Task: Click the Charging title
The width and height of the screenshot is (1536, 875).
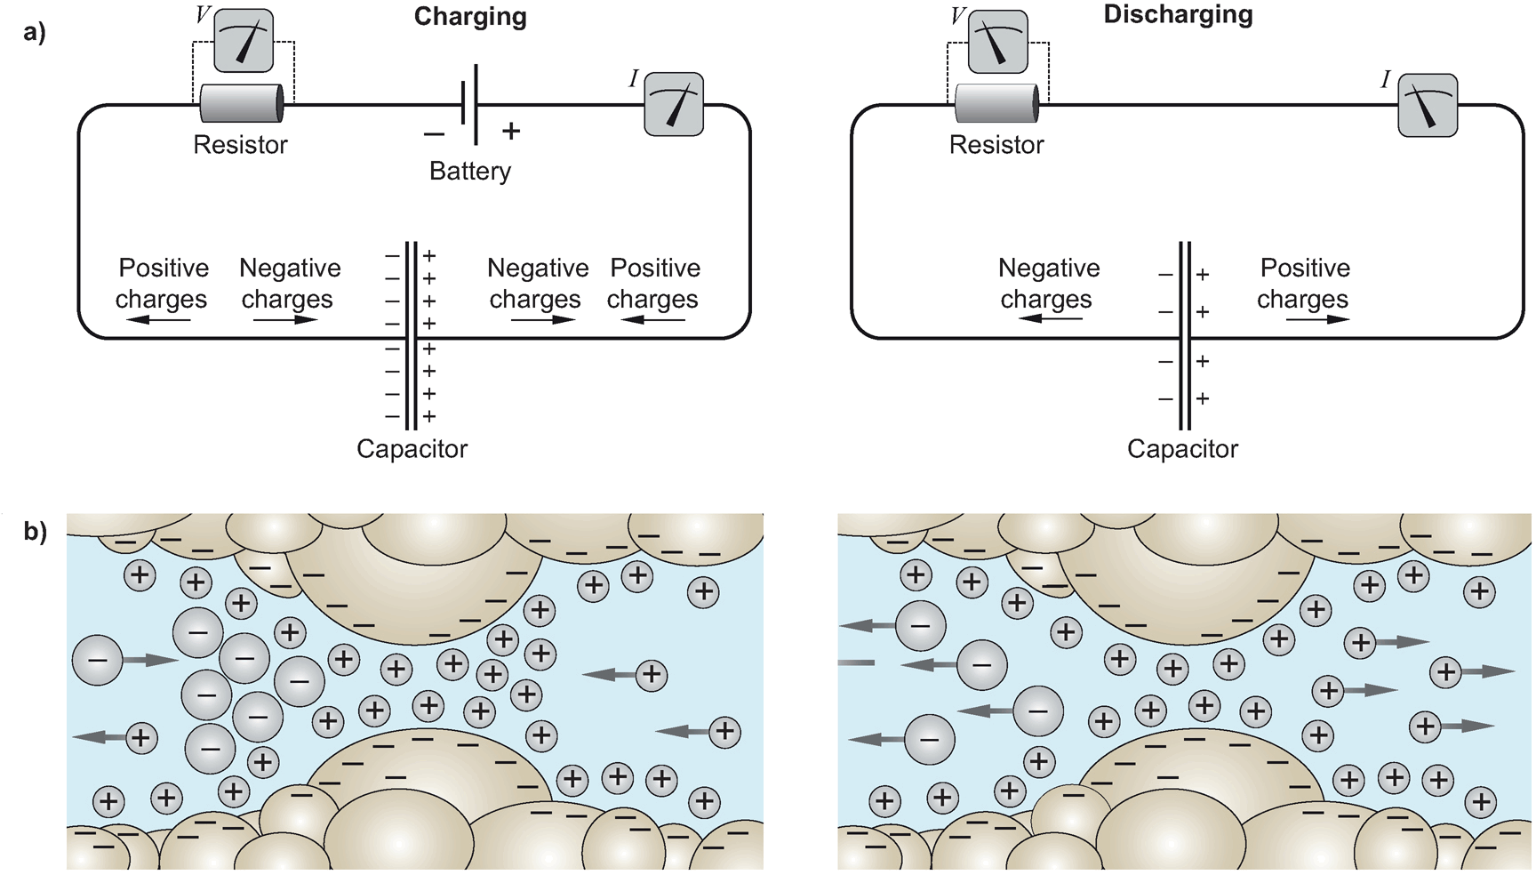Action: click(470, 17)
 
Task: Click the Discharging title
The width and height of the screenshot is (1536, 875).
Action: click(1178, 14)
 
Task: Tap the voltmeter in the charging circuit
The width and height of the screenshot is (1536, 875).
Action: click(244, 41)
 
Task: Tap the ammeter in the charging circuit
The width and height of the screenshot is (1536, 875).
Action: click(674, 105)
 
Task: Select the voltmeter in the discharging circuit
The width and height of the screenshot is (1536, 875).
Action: click(997, 42)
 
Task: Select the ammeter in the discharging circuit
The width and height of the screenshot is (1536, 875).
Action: click(1428, 105)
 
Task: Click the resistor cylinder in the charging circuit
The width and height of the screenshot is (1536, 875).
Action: click(241, 103)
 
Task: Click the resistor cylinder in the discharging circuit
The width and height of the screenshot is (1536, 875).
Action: click(996, 103)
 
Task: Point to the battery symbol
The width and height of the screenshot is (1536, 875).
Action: click(470, 104)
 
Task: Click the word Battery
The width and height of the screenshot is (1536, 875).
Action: click(470, 171)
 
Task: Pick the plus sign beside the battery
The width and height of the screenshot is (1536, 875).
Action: click(511, 132)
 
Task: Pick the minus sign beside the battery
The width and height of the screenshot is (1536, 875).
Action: click(434, 134)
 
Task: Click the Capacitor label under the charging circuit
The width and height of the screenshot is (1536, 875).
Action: click(412, 449)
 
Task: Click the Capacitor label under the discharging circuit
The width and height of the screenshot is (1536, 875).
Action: click(1182, 449)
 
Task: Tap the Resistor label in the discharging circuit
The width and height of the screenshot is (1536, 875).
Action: click(996, 145)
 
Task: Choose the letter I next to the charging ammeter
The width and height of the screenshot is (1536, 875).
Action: click(634, 79)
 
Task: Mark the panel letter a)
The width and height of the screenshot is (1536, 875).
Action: click(35, 32)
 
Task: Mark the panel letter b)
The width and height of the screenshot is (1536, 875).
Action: click(35, 532)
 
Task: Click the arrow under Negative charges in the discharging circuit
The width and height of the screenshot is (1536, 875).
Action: click(1050, 318)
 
